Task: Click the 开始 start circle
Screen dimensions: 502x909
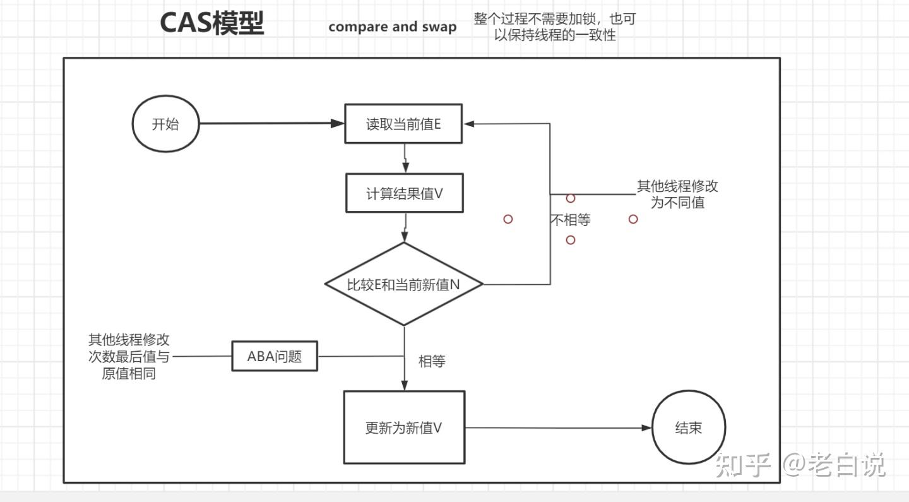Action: tap(165, 124)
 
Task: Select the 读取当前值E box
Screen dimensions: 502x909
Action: tap(404, 124)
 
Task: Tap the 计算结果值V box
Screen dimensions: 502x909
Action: tap(405, 194)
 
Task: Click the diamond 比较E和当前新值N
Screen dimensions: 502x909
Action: tap(404, 285)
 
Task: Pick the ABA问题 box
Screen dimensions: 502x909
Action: tap(275, 356)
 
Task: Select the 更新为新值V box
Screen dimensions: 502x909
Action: tap(404, 427)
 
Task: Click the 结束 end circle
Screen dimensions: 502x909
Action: tap(688, 427)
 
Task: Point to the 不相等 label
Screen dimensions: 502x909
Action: tap(571, 220)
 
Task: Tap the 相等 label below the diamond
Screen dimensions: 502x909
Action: tap(432, 361)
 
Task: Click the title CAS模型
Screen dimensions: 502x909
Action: tap(211, 24)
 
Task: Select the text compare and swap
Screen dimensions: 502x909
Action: tap(392, 27)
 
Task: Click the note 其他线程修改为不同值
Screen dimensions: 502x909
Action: tap(677, 194)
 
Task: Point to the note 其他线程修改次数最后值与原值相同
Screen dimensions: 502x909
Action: tap(129, 357)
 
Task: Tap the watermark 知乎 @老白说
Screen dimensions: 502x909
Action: tap(800, 465)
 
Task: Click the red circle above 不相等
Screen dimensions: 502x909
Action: tap(571, 198)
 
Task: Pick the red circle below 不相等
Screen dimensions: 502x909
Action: tap(571, 240)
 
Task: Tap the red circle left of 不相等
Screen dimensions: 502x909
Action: tap(508, 219)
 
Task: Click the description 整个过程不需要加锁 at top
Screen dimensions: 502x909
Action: tap(555, 27)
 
